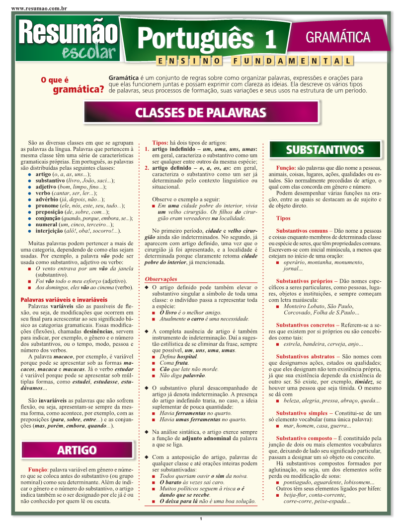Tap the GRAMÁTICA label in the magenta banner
pyautogui.click(x=338, y=37)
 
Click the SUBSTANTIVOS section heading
pyautogui.click(x=325, y=150)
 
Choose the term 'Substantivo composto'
pyautogui.click(x=304, y=438)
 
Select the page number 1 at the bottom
pyautogui.click(x=200, y=519)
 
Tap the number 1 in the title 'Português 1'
pyautogui.click(x=270, y=39)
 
